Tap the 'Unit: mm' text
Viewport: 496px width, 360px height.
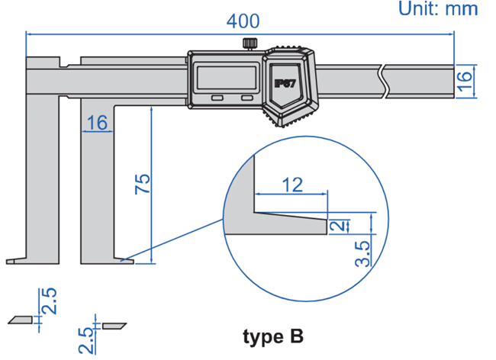click(438, 9)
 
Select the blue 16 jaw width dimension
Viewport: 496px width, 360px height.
click(98, 122)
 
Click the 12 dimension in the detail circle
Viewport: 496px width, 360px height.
click(291, 184)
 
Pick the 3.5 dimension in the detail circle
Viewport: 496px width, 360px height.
click(363, 252)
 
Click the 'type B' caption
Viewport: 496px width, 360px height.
click(273, 336)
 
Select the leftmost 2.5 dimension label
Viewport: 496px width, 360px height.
click(49, 301)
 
